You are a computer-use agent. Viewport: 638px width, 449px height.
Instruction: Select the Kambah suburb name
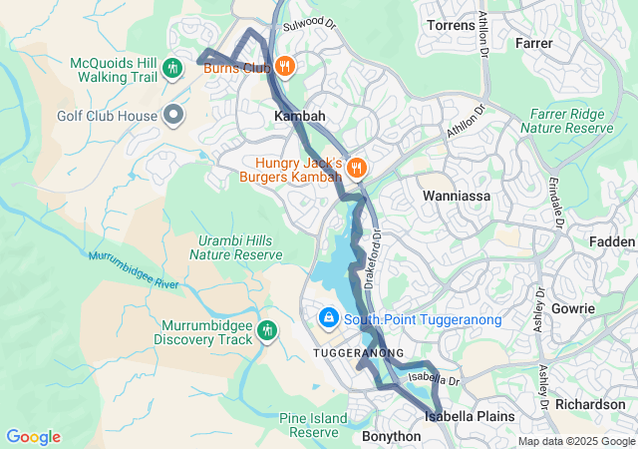300,117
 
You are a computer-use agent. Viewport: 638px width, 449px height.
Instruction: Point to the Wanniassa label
459,197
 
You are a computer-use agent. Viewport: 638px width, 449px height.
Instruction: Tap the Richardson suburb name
590,404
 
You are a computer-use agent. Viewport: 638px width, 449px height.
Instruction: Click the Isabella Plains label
470,416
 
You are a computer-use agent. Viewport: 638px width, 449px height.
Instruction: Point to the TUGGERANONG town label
358,353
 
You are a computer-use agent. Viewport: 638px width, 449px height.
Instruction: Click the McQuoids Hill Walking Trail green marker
173,68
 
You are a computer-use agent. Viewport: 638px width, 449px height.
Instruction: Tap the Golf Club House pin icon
173,115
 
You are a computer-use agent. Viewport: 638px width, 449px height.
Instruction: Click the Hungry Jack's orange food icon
357,168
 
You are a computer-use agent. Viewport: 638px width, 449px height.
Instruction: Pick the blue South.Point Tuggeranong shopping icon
327,318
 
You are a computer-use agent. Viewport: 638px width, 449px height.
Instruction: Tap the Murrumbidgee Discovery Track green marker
267,330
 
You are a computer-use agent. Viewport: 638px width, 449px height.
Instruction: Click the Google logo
33,437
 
